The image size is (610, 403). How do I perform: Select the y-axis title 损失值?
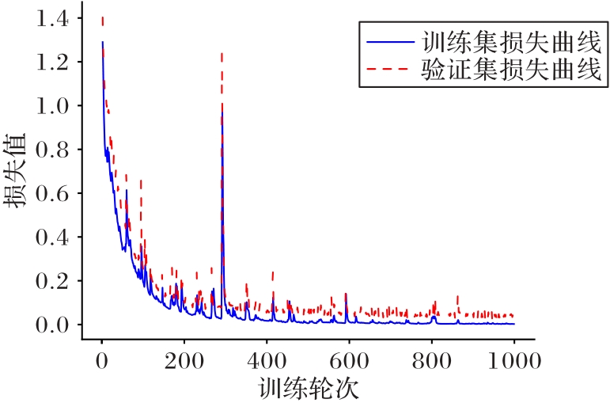[19, 171]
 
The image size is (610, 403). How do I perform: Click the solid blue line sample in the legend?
[388, 40]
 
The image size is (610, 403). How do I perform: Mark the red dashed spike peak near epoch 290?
[222, 53]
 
